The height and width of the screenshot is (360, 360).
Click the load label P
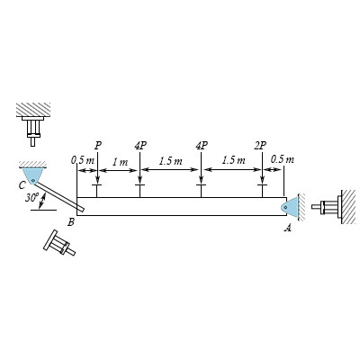click(x=97, y=143)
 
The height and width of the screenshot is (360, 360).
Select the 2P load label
click(x=260, y=143)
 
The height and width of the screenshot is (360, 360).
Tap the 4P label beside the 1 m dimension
click(x=139, y=143)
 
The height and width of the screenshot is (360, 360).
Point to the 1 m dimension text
click(x=119, y=161)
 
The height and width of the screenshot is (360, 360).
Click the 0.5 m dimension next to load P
click(x=82, y=160)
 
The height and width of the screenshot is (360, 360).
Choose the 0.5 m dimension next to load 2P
click(x=281, y=160)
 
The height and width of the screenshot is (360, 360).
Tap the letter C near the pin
click(x=20, y=184)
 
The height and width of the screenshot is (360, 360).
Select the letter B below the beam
click(x=71, y=221)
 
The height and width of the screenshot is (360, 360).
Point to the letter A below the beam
click(x=288, y=229)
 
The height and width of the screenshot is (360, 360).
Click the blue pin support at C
click(x=31, y=172)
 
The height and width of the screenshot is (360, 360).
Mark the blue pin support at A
click(x=290, y=205)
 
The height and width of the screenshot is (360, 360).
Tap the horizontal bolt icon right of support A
click(x=327, y=206)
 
